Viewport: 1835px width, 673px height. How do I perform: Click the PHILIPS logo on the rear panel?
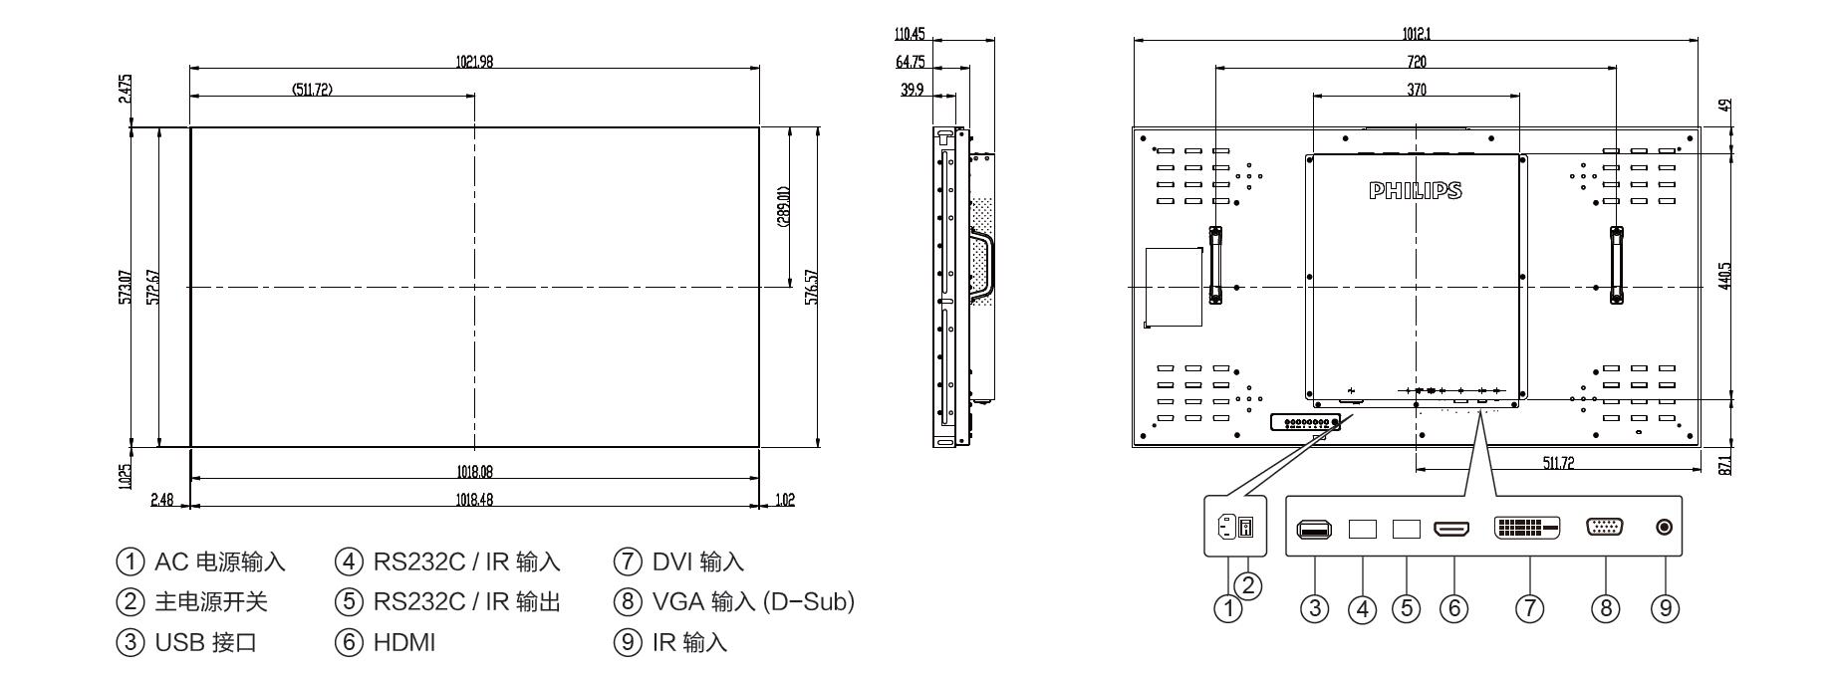[x=1416, y=190]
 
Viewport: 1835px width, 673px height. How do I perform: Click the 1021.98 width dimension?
[x=474, y=62]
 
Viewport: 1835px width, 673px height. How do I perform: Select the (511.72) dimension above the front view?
[x=312, y=90]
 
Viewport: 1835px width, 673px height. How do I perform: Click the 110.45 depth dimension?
[x=910, y=34]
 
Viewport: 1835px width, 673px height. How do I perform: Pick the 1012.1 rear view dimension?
[x=1416, y=34]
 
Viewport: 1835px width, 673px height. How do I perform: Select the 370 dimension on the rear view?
[x=1416, y=90]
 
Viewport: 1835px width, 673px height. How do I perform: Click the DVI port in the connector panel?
[x=1528, y=529]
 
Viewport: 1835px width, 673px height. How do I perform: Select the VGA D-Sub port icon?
[x=1604, y=529]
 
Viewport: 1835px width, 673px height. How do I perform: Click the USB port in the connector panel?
[x=1314, y=529]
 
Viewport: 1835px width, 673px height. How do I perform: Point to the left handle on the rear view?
[x=1215, y=264]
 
